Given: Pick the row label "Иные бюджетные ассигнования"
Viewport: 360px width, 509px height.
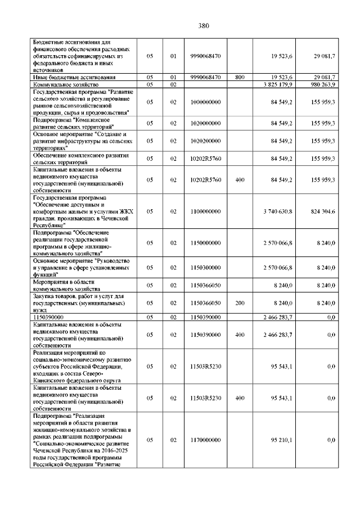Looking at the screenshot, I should [x=74, y=77].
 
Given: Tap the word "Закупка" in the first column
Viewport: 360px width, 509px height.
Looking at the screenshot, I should [x=44, y=296].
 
